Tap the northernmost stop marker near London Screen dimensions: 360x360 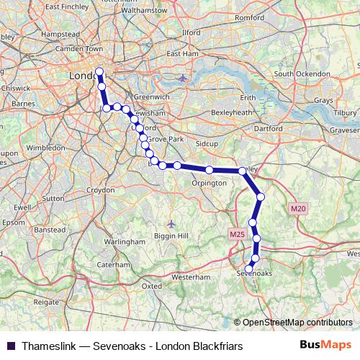click(99, 71)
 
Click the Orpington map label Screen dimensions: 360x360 click(209, 183)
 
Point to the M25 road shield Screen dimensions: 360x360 click(238, 234)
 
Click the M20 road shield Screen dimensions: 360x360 click(299, 208)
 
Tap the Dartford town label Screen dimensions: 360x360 click(269, 127)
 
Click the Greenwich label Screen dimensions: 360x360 click(151, 96)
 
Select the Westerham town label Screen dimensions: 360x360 click(191, 276)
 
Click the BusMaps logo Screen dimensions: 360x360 click(326, 346)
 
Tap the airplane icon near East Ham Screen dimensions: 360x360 click(182, 77)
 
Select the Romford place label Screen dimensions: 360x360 click(250, 36)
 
